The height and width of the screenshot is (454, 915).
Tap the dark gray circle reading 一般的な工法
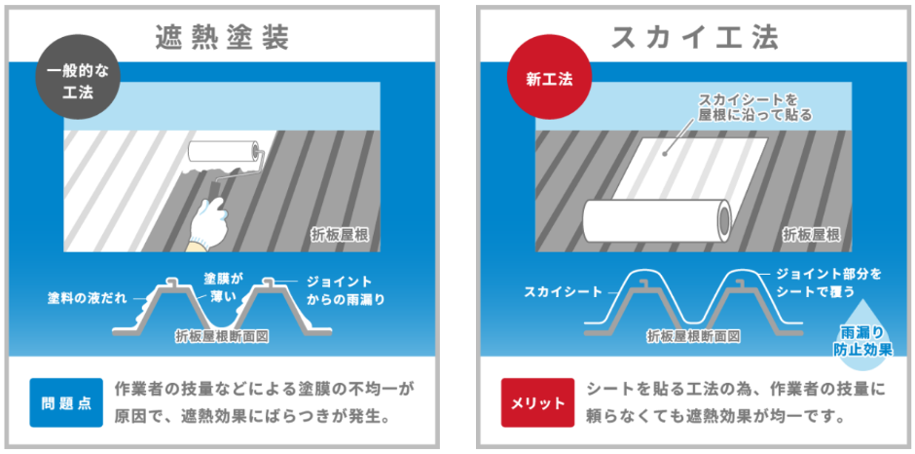click(x=78, y=84)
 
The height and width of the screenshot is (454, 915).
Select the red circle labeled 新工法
click(x=550, y=81)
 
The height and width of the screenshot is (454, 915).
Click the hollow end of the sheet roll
click(x=724, y=220)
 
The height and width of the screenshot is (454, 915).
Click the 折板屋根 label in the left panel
click(x=341, y=236)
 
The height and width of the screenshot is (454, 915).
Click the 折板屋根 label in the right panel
click(x=811, y=236)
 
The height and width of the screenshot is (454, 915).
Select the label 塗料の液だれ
click(x=87, y=298)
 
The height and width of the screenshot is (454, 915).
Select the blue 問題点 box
click(x=66, y=402)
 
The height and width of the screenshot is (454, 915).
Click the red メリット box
click(x=537, y=402)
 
